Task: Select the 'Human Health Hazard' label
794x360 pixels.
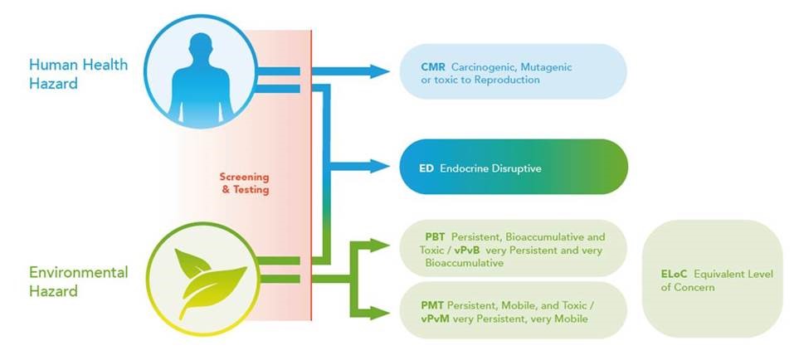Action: point(78,74)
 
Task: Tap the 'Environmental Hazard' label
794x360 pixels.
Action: point(78,281)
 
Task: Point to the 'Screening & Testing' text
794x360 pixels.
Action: point(244,184)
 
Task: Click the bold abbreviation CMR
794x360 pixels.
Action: point(433,67)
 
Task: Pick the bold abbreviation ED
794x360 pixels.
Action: point(426,168)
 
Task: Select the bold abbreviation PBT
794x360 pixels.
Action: point(436,237)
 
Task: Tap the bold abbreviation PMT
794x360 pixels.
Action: point(432,306)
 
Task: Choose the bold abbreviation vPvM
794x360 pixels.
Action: point(435,319)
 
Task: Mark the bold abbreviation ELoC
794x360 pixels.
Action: point(674,275)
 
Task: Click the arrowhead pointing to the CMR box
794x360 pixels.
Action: point(379,71)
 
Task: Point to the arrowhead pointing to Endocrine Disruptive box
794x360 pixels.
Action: point(379,166)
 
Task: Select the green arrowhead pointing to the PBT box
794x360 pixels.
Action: point(379,246)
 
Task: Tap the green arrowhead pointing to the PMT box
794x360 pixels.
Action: point(379,314)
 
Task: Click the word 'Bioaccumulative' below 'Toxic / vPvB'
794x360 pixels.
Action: point(465,263)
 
